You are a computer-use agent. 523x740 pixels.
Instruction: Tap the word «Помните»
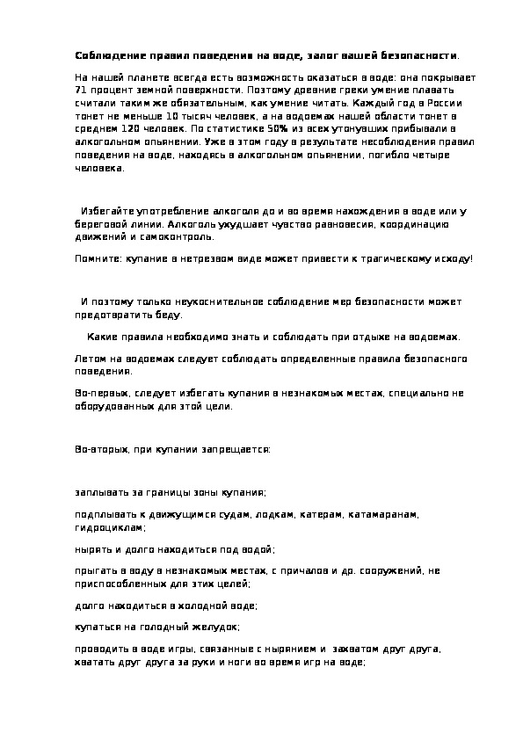pos(95,259)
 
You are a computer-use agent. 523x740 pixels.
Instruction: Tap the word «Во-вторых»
pos(100,448)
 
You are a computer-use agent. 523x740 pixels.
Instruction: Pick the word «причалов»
pos(305,570)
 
